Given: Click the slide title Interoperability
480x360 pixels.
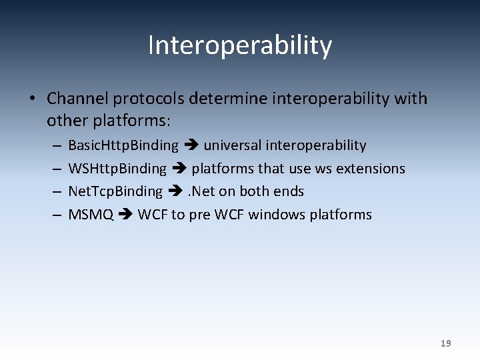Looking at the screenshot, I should [239, 46].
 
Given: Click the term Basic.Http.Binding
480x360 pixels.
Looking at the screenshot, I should [123, 145].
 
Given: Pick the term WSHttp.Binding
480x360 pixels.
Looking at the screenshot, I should [117, 169].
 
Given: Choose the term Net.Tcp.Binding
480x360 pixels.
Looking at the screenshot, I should [115, 191].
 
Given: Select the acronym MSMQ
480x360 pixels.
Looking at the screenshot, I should [91, 215].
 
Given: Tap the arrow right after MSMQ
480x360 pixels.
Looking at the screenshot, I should [125, 215].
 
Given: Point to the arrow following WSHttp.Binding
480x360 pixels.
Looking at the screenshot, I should [179, 169].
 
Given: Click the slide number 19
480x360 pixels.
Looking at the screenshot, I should [445, 343].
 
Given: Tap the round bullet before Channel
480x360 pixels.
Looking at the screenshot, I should [31, 99].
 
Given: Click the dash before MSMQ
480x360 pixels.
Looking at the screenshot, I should [55, 215].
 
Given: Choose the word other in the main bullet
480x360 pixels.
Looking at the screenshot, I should [64, 121].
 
